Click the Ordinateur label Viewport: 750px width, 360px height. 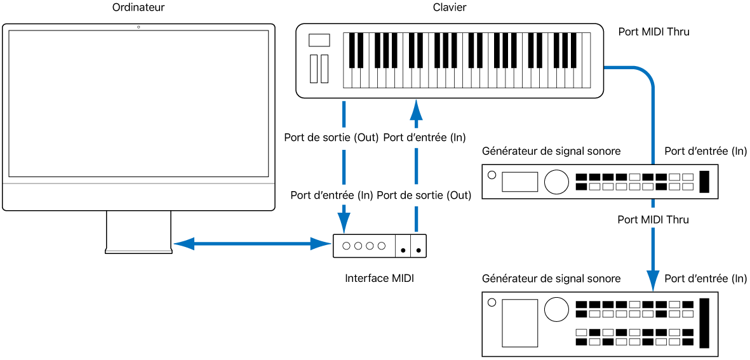pyautogui.click(x=138, y=8)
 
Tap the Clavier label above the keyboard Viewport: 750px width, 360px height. pyautogui.click(x=450, y=8)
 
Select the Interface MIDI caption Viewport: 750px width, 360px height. pyautogui.click(x=379, y=278)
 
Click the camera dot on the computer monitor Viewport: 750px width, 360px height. pyautogui.click(x=138, y=27)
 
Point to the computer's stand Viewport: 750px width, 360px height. pyautogui.click(x=138, y=232)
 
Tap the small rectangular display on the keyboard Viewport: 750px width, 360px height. pyautogui.click(x=319, y=40)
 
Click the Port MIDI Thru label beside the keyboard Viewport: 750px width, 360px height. pyautogui.click(x=653, y=32)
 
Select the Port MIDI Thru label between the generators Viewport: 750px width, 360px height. pyautogui.click(x=653, y=220)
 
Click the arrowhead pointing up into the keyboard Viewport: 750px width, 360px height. pyautogui.click(x=416, y=110)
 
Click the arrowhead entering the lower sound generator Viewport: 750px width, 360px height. pyautogui.click(x=653, y=279)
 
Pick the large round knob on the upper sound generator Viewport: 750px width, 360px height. pyautogui.click(x=556, y=182)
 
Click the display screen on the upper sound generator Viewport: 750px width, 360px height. pyautogui.click(x=519, y=182)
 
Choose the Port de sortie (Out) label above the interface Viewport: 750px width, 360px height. pyautogui.click(x=424, y=196)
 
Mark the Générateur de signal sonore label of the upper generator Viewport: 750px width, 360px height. pyautogui.click(x=551, y=151)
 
